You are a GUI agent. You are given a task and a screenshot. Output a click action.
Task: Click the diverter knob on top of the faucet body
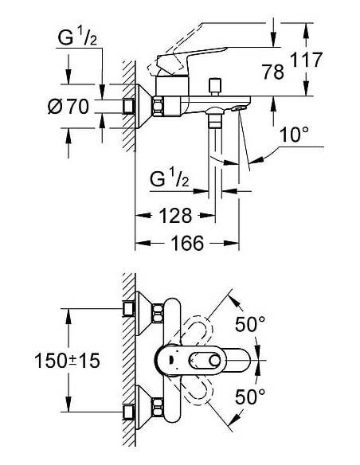pyautogui.click(x=213, y=84)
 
